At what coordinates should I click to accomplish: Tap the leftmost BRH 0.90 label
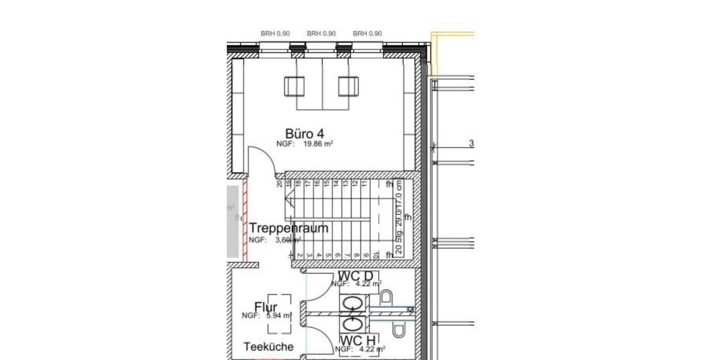(x=275, y=34)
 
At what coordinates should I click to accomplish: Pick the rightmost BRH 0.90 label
(x=367, y=34)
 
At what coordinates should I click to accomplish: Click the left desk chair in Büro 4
(x=295, y=86)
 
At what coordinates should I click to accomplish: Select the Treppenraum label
(x=289, y=228)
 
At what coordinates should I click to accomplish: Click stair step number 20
(x=280, y=184)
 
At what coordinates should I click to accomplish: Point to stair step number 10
(x=375, y=255)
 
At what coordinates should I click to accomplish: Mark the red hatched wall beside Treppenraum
(x=244, y=219)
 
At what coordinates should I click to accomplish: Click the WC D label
(x=355, y=275)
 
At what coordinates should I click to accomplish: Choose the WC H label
(x=355, y=341)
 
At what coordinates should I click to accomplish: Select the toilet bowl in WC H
(x=398, y=329)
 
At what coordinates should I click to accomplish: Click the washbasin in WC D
(x=351, y=304)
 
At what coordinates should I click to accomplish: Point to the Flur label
(x=266, y=308)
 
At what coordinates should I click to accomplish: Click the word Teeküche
(x=269, y=347)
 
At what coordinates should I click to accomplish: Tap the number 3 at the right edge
(x=472, y=143)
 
